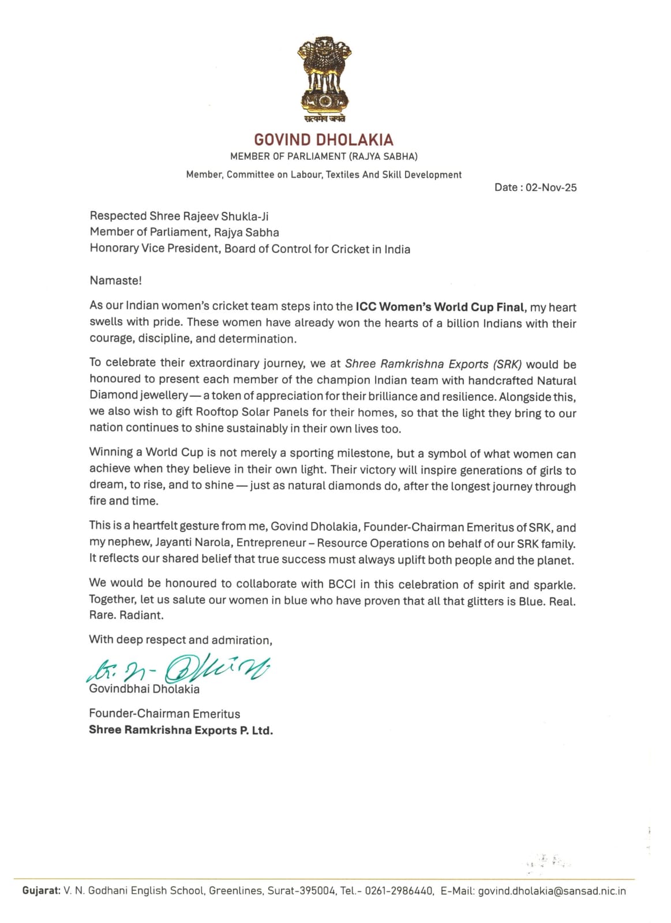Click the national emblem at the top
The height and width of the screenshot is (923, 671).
click(x=325, y=78)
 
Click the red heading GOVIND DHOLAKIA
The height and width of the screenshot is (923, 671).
click(x=324, y=140)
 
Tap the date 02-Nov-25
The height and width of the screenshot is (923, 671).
click(x=551, y=187)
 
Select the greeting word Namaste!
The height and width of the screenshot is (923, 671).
click(x=115, y=281)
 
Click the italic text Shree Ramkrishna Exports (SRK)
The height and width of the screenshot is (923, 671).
click(x=433, y=364)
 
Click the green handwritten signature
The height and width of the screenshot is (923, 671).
click(x=179, y=669)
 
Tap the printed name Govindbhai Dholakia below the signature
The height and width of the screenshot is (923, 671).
click(x=144, y=689)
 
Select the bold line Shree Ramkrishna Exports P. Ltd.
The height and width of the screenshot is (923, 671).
click(x=181, y=730)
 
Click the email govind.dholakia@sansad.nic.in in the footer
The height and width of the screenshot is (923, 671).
click(x=552, y=891)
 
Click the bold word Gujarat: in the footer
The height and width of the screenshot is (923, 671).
click(x=41, y=891)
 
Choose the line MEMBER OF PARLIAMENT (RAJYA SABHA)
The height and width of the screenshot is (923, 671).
click(x=324, y=156)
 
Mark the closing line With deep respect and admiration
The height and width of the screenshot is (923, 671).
click(x=181, y=640)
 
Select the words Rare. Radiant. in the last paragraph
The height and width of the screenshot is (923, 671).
click(x=126, y=615)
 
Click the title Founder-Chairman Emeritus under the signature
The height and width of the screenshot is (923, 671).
click(x=164, y=714)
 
